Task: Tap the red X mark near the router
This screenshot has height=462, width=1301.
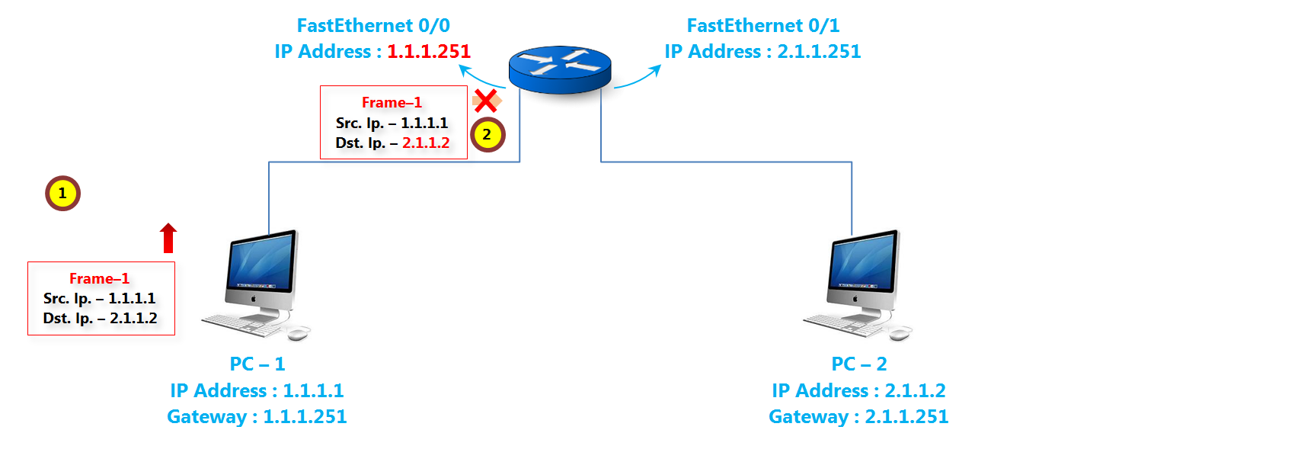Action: (485, 101)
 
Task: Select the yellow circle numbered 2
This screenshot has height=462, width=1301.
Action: (487, 135)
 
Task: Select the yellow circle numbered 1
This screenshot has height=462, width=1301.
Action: (62, 194)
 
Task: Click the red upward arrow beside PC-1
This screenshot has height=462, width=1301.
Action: (168, 238)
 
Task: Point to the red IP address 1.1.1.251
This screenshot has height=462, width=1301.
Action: (429, 52)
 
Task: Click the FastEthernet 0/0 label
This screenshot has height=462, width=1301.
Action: (373, 26)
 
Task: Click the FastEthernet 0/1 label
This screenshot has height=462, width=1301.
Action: (763, 26)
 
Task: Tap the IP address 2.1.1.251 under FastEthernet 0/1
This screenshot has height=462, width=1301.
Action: (819, 52)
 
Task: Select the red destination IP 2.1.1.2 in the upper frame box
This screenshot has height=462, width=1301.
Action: (426, 143)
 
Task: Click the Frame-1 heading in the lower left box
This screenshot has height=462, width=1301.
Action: (99, 278)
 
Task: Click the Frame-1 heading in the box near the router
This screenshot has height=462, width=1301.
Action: (392, 102)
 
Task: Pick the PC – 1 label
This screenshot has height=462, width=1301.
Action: (257, 364)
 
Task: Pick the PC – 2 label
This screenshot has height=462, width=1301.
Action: (859, 364)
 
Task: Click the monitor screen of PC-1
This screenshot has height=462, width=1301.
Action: (262, 263)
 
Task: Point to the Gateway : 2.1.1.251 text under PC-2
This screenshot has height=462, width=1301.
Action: (858, 417)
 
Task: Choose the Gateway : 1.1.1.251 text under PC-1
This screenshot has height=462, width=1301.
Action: (257, 417)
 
